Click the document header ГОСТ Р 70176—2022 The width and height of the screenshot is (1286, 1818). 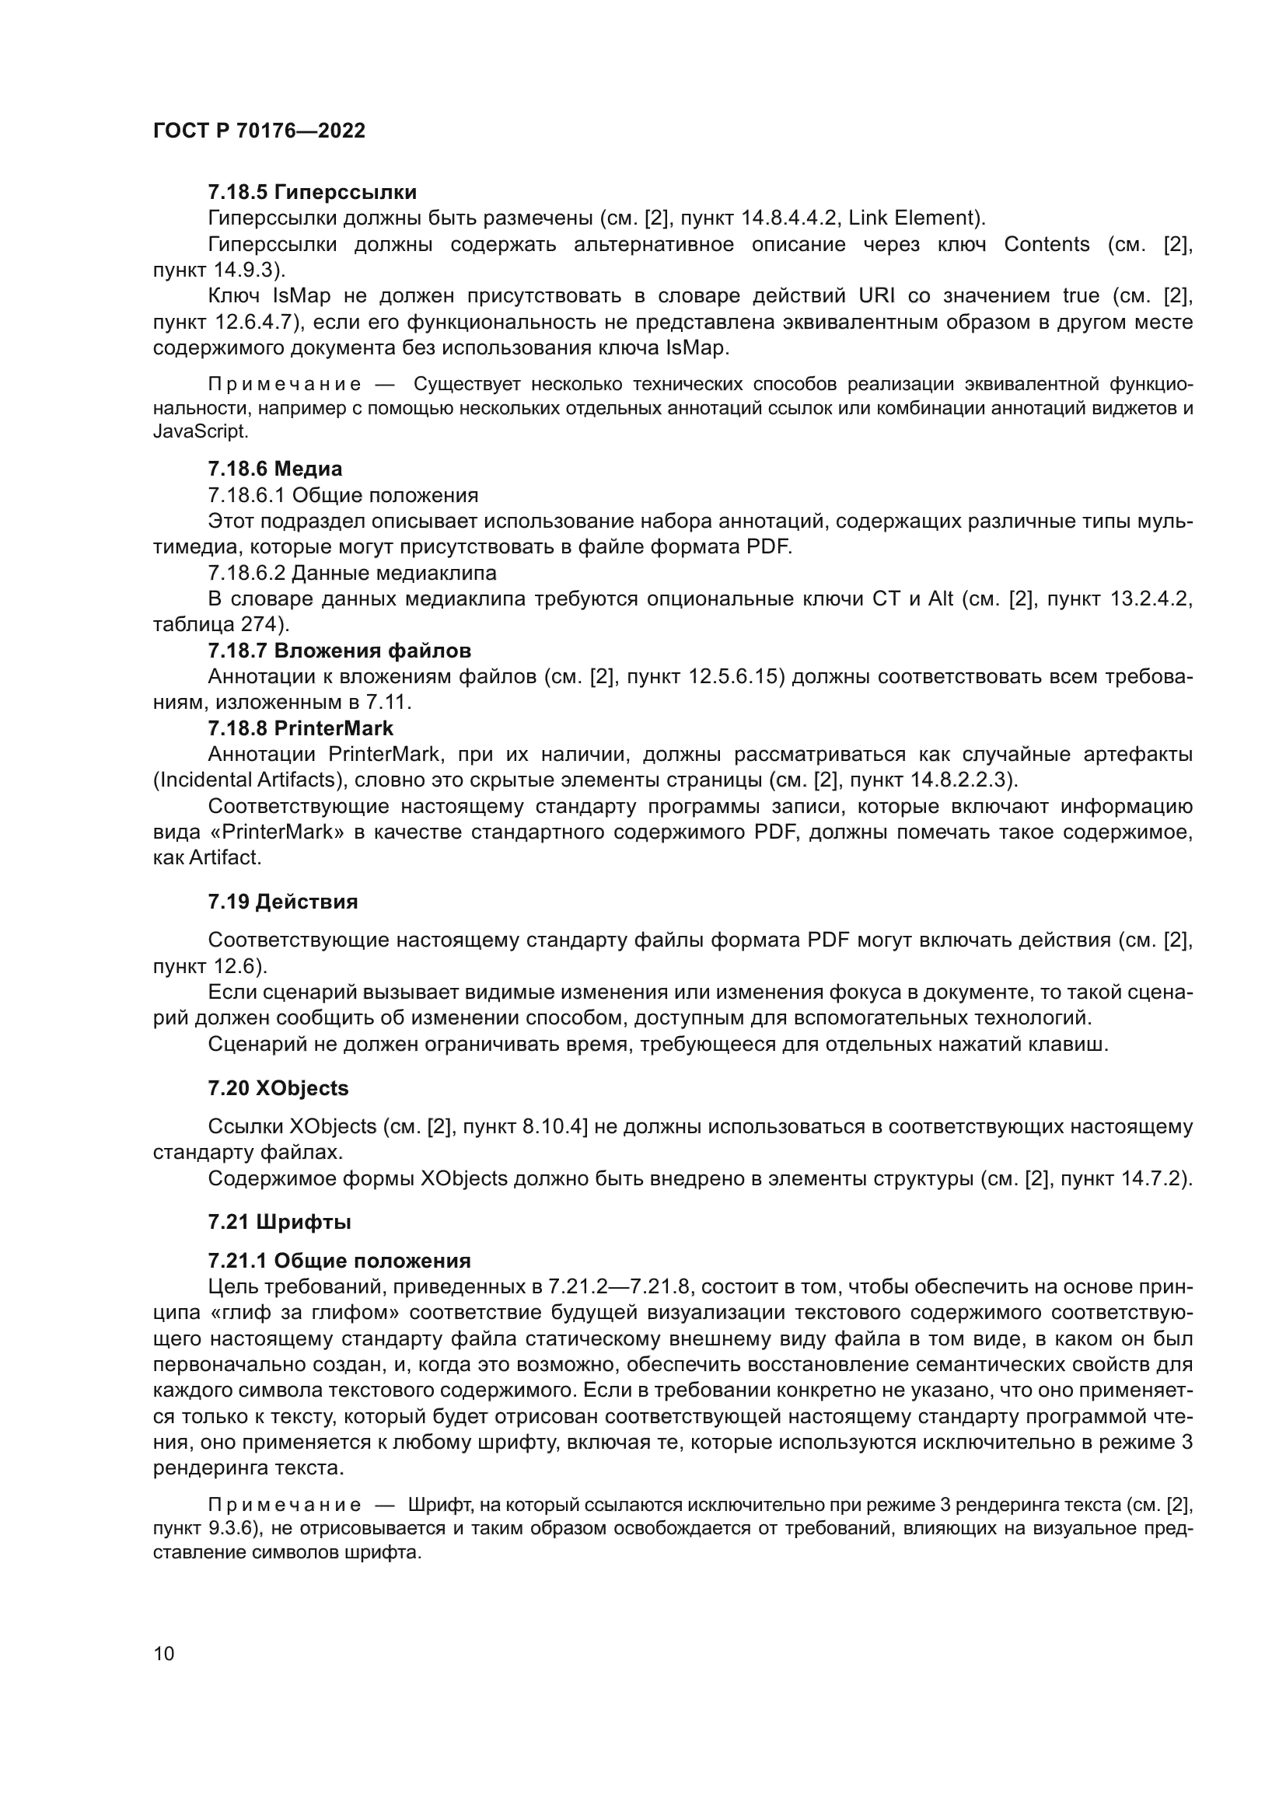[x=259, y=131]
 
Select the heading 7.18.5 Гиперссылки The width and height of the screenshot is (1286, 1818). [x=312, y=192]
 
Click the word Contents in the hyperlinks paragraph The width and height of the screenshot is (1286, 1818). [x=1046, y=244]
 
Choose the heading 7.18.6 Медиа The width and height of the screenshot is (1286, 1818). [x=274, y=469]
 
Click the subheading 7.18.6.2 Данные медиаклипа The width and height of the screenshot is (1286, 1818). [x=351, y=572]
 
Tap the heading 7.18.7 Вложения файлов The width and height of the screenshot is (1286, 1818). [x=339, y=650]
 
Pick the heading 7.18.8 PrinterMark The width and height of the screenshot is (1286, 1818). [x=300, y=728]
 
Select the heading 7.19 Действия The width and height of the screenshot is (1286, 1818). [x=283, y=901]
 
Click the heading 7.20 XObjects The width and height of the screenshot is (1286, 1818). [x=278, y=1088]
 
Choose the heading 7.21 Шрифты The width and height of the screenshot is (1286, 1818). [x=280, y=1222]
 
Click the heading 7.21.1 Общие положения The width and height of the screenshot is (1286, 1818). [x=339, y=1261]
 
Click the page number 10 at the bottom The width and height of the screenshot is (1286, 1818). [x=164, y=1653]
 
